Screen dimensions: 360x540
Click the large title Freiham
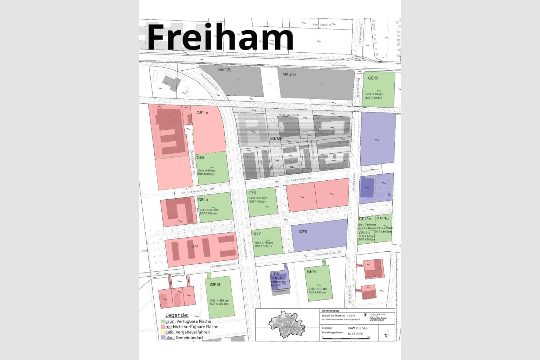220,38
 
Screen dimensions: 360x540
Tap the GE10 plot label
373,78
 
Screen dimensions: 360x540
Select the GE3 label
200,157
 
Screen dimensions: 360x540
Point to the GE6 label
252,193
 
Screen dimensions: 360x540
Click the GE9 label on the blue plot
303,232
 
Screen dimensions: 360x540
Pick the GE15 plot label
215,285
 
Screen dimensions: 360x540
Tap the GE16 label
311,271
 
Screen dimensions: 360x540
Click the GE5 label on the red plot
195,247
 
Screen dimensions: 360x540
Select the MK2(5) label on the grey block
225,70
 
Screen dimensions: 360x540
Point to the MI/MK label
276,139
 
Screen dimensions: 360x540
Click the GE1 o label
202,113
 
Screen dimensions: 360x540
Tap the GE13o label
382,219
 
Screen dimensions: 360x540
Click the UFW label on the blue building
275,274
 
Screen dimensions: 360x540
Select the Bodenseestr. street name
340,65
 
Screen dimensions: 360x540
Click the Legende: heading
177,315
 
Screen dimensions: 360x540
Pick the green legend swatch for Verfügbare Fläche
163,321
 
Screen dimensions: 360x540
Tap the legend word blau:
170,337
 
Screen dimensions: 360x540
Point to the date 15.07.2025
355,334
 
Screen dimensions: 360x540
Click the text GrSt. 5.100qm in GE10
374,94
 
